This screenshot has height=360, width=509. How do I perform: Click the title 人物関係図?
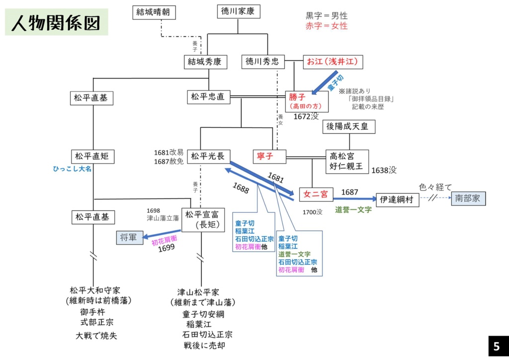(56, 23)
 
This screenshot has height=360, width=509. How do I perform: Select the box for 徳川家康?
(238, 11)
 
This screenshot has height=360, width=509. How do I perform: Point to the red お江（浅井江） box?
(333, 62)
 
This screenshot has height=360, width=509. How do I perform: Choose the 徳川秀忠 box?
(262, 62)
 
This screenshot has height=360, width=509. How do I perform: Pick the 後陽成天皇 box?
(348, 126)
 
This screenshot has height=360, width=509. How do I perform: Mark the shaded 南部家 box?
(468, 198)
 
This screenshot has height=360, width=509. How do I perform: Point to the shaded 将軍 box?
(128, 238)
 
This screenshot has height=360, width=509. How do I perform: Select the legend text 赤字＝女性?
(327, 25)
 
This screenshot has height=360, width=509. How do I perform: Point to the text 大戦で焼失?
(96, 336)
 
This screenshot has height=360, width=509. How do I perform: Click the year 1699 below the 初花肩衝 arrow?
(167, 248)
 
